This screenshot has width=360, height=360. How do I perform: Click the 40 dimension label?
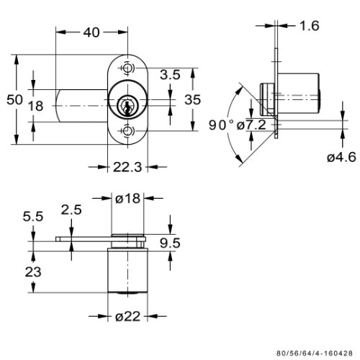point(91,32)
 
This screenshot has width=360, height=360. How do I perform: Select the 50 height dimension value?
point(14,99)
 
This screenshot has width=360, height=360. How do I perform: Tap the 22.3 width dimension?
point(127,167)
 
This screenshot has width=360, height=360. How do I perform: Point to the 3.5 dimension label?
point(170,75)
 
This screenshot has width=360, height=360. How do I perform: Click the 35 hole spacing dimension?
point(192,99)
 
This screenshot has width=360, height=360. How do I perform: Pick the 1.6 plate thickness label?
point(310,26)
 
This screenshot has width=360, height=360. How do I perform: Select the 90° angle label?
point(221,125)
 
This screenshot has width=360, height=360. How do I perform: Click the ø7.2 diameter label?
point(251,125)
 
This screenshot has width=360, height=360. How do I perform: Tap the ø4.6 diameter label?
point(341,158)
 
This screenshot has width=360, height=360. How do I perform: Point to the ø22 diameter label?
point(127,317)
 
